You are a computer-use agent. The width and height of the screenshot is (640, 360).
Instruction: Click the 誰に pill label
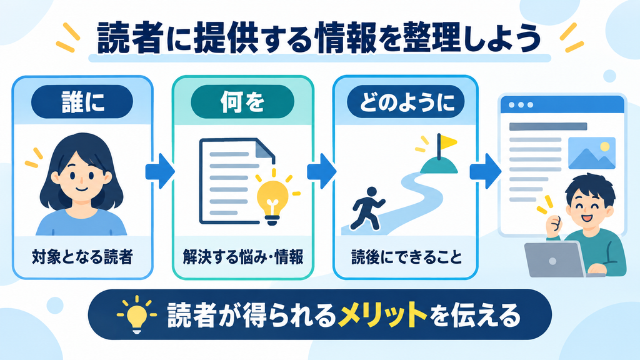[x=82, y=102]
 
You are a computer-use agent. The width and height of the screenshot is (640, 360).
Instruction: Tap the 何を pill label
[x=242, y=102]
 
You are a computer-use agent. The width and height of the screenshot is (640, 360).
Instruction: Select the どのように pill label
[x=406, y=102]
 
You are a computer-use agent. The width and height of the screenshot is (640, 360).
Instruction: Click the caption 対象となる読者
[x=82, y=257]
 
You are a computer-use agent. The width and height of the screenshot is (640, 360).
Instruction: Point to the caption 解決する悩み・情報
[x=243, y=257]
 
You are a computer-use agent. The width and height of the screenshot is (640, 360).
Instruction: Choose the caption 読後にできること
[x=406, y=257]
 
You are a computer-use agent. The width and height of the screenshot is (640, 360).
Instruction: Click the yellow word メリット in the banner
[x=382, y=315]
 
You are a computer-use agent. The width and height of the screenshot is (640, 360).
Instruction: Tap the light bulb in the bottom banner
[x=137, y=315]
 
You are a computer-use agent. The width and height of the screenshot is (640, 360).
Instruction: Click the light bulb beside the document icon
[x=272, y=198]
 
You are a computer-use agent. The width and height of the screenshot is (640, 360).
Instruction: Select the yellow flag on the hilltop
[x=446, y=142]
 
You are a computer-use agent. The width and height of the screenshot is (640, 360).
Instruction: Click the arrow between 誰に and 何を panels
[x=161, y=171]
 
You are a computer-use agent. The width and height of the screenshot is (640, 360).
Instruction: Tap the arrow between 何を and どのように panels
[x=322, y=171]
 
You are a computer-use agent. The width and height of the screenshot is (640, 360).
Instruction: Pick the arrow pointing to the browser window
[x=485, y=171]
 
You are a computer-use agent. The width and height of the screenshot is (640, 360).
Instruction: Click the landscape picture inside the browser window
[x=591, y=153]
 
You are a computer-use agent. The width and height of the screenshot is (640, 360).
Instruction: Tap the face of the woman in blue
[x=81, y=177]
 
